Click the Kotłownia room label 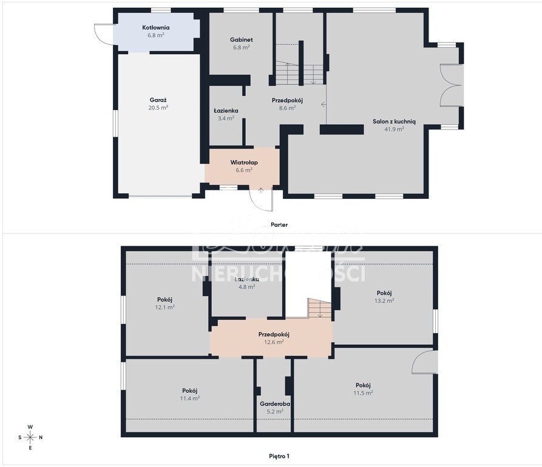(x=156, y=28)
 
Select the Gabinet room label (x=241, y=40)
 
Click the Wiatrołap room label (x=244, y=162)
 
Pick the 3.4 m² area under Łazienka (x=226, y=119)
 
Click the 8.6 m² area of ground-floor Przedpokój (x=287, y=108)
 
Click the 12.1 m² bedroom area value (x=165, y=307)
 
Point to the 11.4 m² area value (x=190, y=398)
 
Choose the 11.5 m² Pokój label (x=363, y=386)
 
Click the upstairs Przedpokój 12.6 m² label (x=274, y=334)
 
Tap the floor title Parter (x=279, y=225)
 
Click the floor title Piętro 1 (x=279, y=455)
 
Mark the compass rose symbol (x=30, y=437)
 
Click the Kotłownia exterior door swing (x=103, y=33)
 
